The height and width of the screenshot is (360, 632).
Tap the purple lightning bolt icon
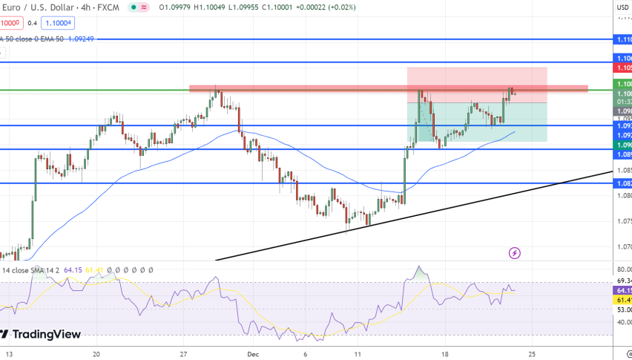(515, 253)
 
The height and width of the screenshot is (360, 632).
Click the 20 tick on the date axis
(96, 354)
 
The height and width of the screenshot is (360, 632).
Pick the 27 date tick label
(183, 354)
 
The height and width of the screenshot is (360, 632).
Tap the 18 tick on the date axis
(445, 354)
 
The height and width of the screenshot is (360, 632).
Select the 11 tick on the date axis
(357, 354)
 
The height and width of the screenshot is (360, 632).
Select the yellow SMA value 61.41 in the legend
(93, 270)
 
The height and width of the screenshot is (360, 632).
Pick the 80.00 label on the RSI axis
(623, 269)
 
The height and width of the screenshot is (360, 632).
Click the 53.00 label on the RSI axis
(623, 309)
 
